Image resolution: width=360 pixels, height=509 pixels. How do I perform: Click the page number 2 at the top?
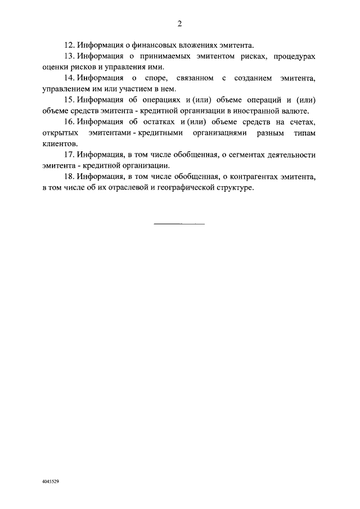(x=179, y=24)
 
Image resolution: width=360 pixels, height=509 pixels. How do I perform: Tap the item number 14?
(x=70, y=77)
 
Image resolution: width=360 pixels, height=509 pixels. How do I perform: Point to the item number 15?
(x=70, y=100)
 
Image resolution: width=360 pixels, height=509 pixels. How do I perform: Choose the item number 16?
(x=70, y=122)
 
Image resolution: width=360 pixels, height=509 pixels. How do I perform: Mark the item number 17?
(x=70, y=155)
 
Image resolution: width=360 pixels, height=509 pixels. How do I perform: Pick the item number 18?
(x=70, y=177)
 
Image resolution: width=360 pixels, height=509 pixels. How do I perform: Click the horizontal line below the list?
(x=179, y=224)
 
